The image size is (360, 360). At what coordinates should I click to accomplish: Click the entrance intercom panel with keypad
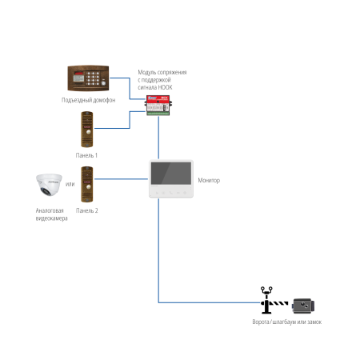click(x=87, y=79)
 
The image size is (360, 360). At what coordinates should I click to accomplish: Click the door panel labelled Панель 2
click(x=87, y=184)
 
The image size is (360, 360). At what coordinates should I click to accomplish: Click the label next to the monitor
click(x=209, y=181)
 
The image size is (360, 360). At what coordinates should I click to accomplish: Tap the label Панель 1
click(x=87, y=155)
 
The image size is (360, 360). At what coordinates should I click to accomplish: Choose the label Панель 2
click(x=87, y=211)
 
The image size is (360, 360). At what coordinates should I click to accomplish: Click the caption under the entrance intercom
click(x=88, y=101)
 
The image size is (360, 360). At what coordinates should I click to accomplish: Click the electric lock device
click(x=303, y=306)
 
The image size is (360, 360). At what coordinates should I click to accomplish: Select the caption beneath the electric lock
click(x=286, y=322)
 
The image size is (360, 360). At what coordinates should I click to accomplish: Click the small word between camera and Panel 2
click(x=70, y=184)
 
